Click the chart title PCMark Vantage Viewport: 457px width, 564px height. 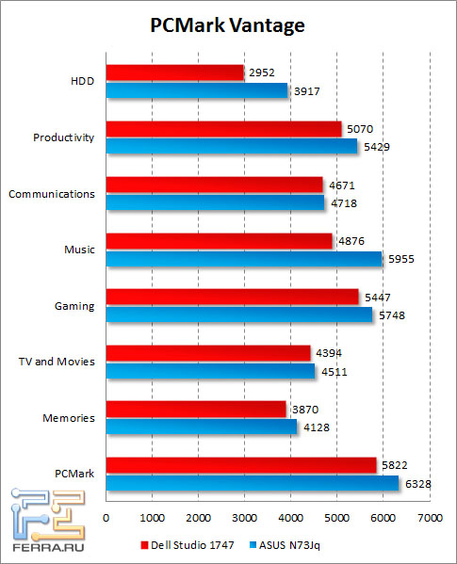click(228, 25)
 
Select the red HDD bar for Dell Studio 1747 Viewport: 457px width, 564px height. click(174, 73)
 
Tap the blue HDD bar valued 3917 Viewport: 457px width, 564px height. click(196, 90)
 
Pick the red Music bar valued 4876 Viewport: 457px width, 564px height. click(219, 241)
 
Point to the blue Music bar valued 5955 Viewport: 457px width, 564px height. click(243, 259)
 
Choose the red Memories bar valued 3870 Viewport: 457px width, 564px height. click(195, 409)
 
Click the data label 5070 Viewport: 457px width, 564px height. click(358, 129)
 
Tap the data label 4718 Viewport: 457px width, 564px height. click(341, 202)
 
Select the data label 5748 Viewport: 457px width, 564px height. click(389, 315)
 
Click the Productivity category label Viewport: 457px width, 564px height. click(63, 137)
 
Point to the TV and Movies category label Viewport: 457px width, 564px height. click(57, 362)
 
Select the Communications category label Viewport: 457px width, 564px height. click(51, 194)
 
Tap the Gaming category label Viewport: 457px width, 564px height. click(75, 306)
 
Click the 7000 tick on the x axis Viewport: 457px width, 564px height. click(430, 518)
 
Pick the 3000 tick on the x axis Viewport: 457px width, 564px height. click(245, 518)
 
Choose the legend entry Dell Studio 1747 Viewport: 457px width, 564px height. click(185, 544)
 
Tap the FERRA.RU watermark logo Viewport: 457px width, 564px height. click(42, 520)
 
